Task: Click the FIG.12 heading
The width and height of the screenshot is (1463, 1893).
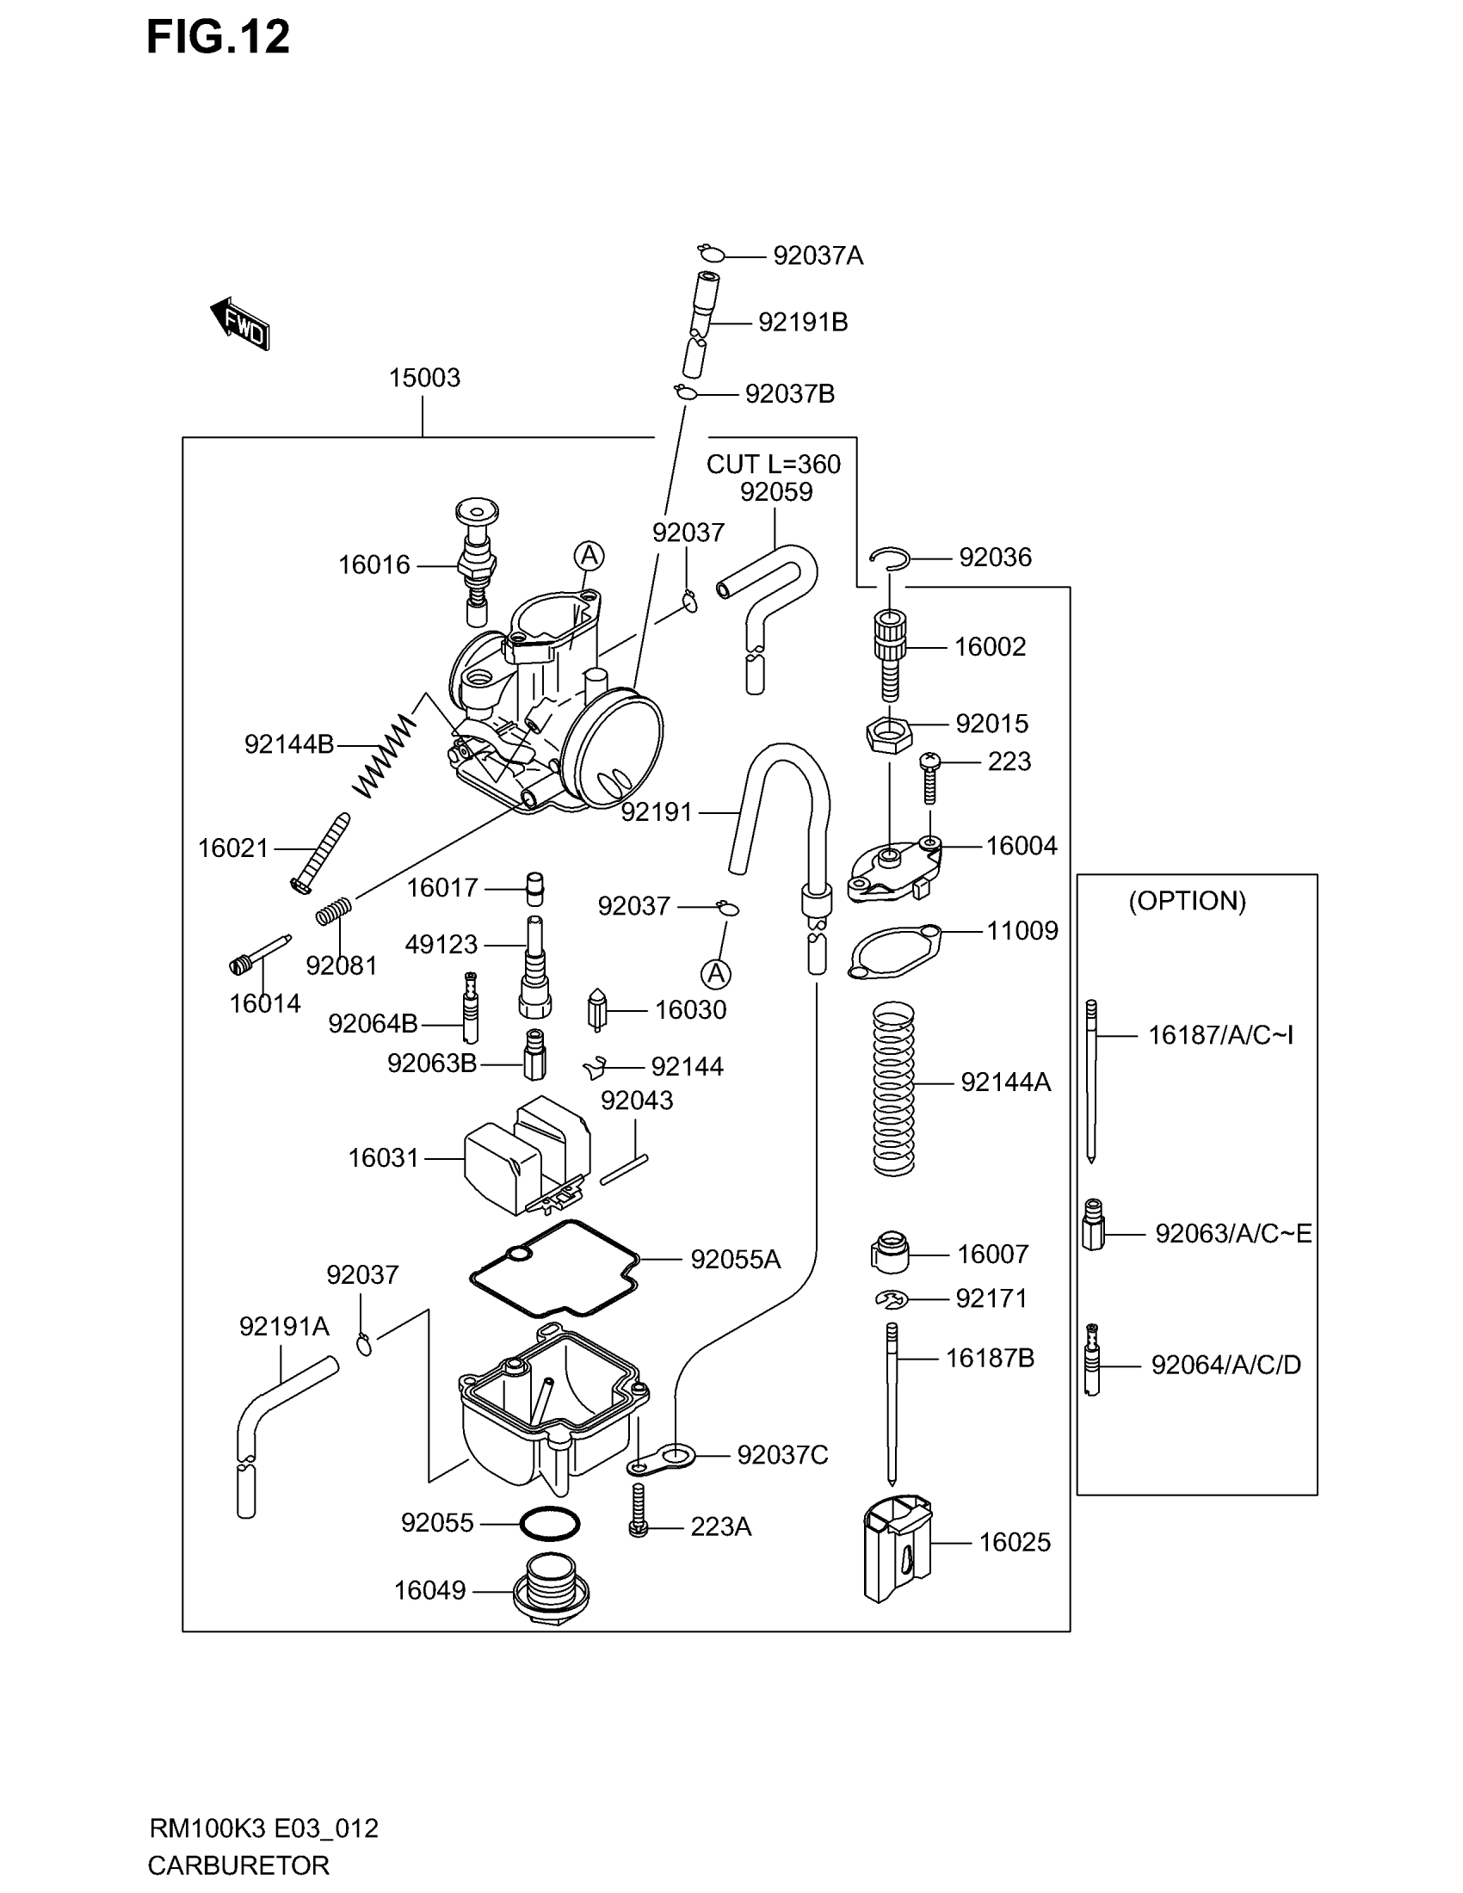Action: (218, 37)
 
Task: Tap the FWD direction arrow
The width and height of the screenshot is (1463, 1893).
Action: (240, 324)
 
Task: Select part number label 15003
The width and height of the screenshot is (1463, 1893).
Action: (423, 378)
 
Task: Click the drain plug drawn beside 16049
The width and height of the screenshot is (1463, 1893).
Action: (552, 1590)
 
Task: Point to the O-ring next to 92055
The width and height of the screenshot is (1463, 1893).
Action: (550, 1524)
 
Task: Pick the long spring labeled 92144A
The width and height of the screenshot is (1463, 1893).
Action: (893, 1088)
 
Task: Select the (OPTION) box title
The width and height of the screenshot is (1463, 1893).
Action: (1187, 901)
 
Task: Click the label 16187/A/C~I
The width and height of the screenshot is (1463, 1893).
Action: (1219, 1035)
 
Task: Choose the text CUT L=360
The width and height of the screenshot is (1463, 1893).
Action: (773, 465)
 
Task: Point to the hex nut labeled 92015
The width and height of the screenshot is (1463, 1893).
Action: (889, 734)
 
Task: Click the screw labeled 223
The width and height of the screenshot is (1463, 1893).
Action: (929, 777)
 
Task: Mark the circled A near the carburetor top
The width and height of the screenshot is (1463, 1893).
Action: (590, 556)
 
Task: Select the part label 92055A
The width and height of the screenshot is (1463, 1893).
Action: (735, 1260)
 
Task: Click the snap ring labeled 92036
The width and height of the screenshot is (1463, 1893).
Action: (889, 558)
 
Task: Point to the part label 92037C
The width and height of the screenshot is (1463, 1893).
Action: (781, 1455)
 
